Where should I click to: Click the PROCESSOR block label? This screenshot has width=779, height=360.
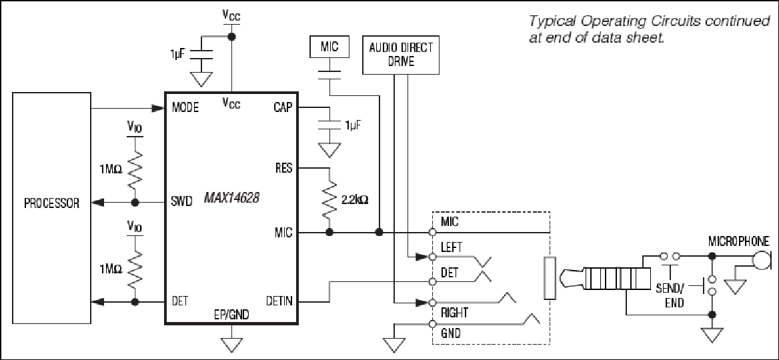coord(52,203)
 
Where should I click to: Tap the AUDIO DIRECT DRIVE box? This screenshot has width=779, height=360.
coord(401,55)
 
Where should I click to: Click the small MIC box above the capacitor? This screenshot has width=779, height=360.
coord(329,47)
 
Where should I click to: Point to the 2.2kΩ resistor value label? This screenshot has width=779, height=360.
coord(355,201)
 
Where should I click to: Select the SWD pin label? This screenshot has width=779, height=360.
coord(182,203)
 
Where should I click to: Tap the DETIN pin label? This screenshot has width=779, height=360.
coord(279,301)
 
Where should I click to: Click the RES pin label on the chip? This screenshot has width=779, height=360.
coord(283,169)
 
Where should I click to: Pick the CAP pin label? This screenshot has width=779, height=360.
coord(283,108)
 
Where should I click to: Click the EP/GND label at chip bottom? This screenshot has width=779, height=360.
coord(232,314)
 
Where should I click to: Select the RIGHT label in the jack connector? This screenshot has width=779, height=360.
coord(454,313)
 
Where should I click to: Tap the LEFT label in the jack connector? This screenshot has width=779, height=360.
coord(451,247)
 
